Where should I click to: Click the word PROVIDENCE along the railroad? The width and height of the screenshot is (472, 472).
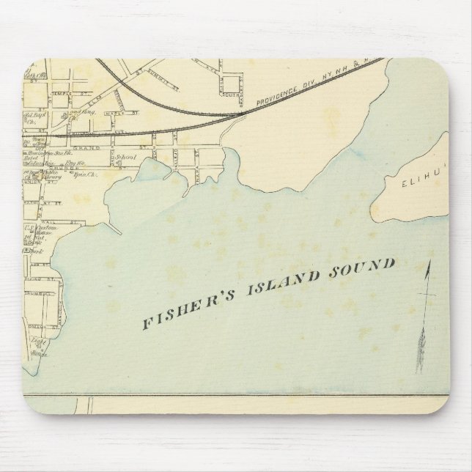pos(278,97)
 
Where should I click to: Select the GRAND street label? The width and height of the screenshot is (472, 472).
pos(81,147)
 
